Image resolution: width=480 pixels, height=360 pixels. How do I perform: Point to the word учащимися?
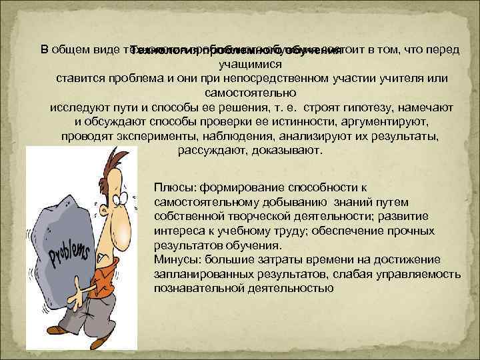coord(250,64)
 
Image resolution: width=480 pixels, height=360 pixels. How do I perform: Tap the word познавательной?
coord(193,289)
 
